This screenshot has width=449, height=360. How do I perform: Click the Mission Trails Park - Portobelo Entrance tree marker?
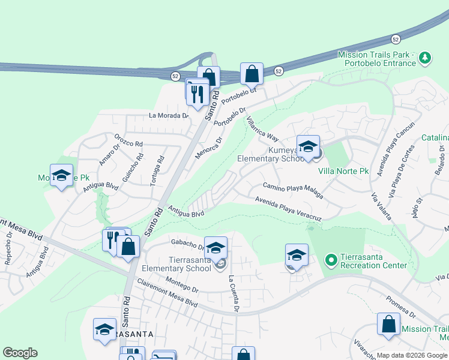click(426, 58)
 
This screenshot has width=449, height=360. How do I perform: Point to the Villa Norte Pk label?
click(343, 171)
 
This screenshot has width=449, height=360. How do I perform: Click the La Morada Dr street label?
click(169, 115)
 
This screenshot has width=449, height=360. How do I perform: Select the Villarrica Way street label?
click(263, 128)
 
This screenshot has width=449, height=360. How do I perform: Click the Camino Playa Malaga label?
click(293, 191)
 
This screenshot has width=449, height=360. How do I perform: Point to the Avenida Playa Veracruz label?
click(288, 210)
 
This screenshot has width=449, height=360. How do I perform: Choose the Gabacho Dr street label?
click(188, 245)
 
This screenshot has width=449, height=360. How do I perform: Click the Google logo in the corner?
click(20, 353)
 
